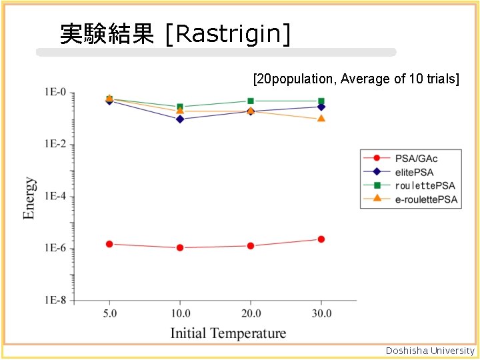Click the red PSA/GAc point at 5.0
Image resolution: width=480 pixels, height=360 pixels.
[x=109, y=244]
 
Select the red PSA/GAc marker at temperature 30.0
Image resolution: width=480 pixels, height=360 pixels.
[x=321, y=239]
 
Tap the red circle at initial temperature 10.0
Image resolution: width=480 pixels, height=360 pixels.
[x=180, y=247]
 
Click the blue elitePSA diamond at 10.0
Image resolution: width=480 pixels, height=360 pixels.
[x=180, y=119]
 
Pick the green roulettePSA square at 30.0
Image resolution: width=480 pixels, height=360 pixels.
[x=321, y=101]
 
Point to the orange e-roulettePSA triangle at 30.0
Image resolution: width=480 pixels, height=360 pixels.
[x=321, y=119]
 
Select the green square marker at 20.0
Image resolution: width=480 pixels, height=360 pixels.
[x=251, y=101]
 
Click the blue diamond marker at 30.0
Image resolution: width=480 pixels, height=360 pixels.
[x=321, y=107]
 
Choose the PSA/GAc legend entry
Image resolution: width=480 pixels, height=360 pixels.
[x=409, y=159]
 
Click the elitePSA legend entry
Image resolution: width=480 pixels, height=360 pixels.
[x=409, y=172]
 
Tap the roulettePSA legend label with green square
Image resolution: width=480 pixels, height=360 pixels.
[x=409, y=185]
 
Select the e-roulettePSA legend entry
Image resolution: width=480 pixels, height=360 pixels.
[x=409, y=199]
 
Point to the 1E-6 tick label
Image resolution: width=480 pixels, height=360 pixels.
[x=55, y=249]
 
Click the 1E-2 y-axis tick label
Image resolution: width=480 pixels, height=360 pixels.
[x=55, y=145]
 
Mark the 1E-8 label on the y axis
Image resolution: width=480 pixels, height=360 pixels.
[x=55, y=301]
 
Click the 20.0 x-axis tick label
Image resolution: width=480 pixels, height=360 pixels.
[x=251, y=313]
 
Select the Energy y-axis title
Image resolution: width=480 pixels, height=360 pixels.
[x=30, y=198]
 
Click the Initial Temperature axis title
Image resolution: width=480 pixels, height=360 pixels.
[x=228, y=333]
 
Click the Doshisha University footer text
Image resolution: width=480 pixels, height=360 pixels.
[x=431, y=351]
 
